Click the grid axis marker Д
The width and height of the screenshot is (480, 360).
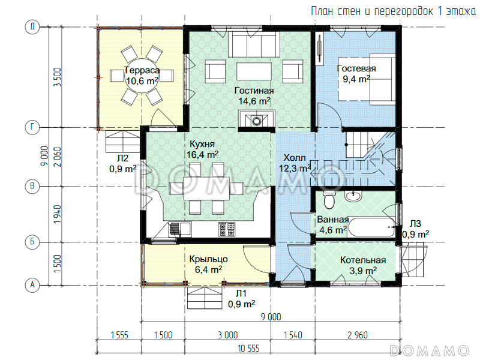click(32, 26)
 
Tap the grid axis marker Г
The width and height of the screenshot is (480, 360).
click(32, 127)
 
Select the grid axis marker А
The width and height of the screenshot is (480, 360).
click(32, 285)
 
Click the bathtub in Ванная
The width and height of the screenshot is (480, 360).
click(371, 227)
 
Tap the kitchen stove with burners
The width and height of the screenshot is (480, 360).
click(227, 229)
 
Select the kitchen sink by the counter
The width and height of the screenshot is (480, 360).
click(179, 230)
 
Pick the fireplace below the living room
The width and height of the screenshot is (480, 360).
click(257, 121)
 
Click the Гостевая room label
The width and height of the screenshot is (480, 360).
click(356, 68)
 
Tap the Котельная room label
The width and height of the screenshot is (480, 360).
click(363, 260)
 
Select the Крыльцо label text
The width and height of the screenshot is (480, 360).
click(208, 259)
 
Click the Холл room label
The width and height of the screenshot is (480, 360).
click(295, 158)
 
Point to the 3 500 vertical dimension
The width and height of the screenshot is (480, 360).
click(57, 77)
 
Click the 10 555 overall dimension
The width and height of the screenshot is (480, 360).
click(248, 348)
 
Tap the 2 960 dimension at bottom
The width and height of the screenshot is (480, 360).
click(358, 335)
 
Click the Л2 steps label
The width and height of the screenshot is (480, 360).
click(122, 158)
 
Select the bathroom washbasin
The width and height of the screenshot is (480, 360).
click(353, 196)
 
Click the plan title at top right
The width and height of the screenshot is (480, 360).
click(394, 11)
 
